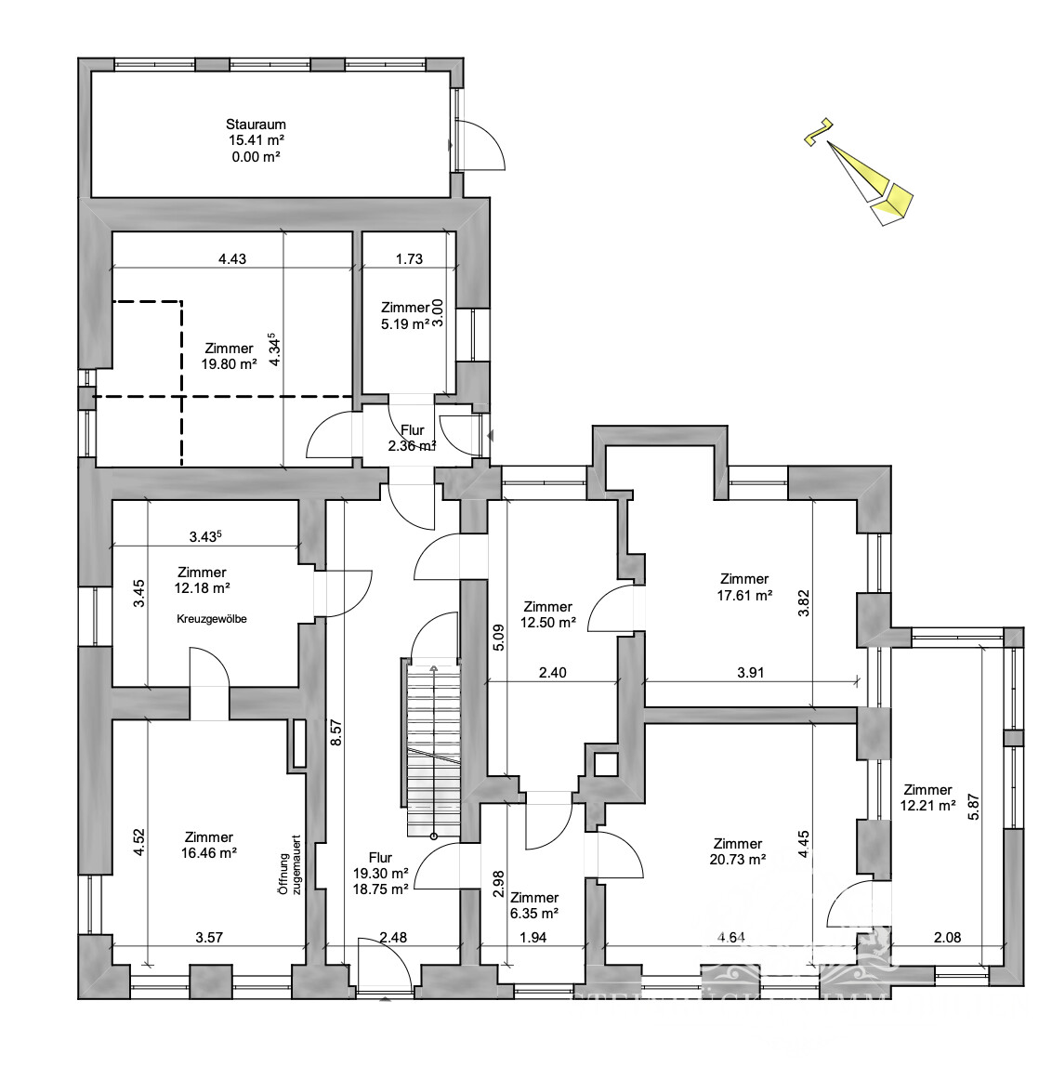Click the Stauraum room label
256,125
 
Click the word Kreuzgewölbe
214,618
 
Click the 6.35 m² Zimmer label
534,913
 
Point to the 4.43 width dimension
231,259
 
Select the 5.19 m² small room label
404,323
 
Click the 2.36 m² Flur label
412,446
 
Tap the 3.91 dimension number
749,673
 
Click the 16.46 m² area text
209,852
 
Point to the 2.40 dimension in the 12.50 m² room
552,673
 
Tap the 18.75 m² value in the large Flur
380,889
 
